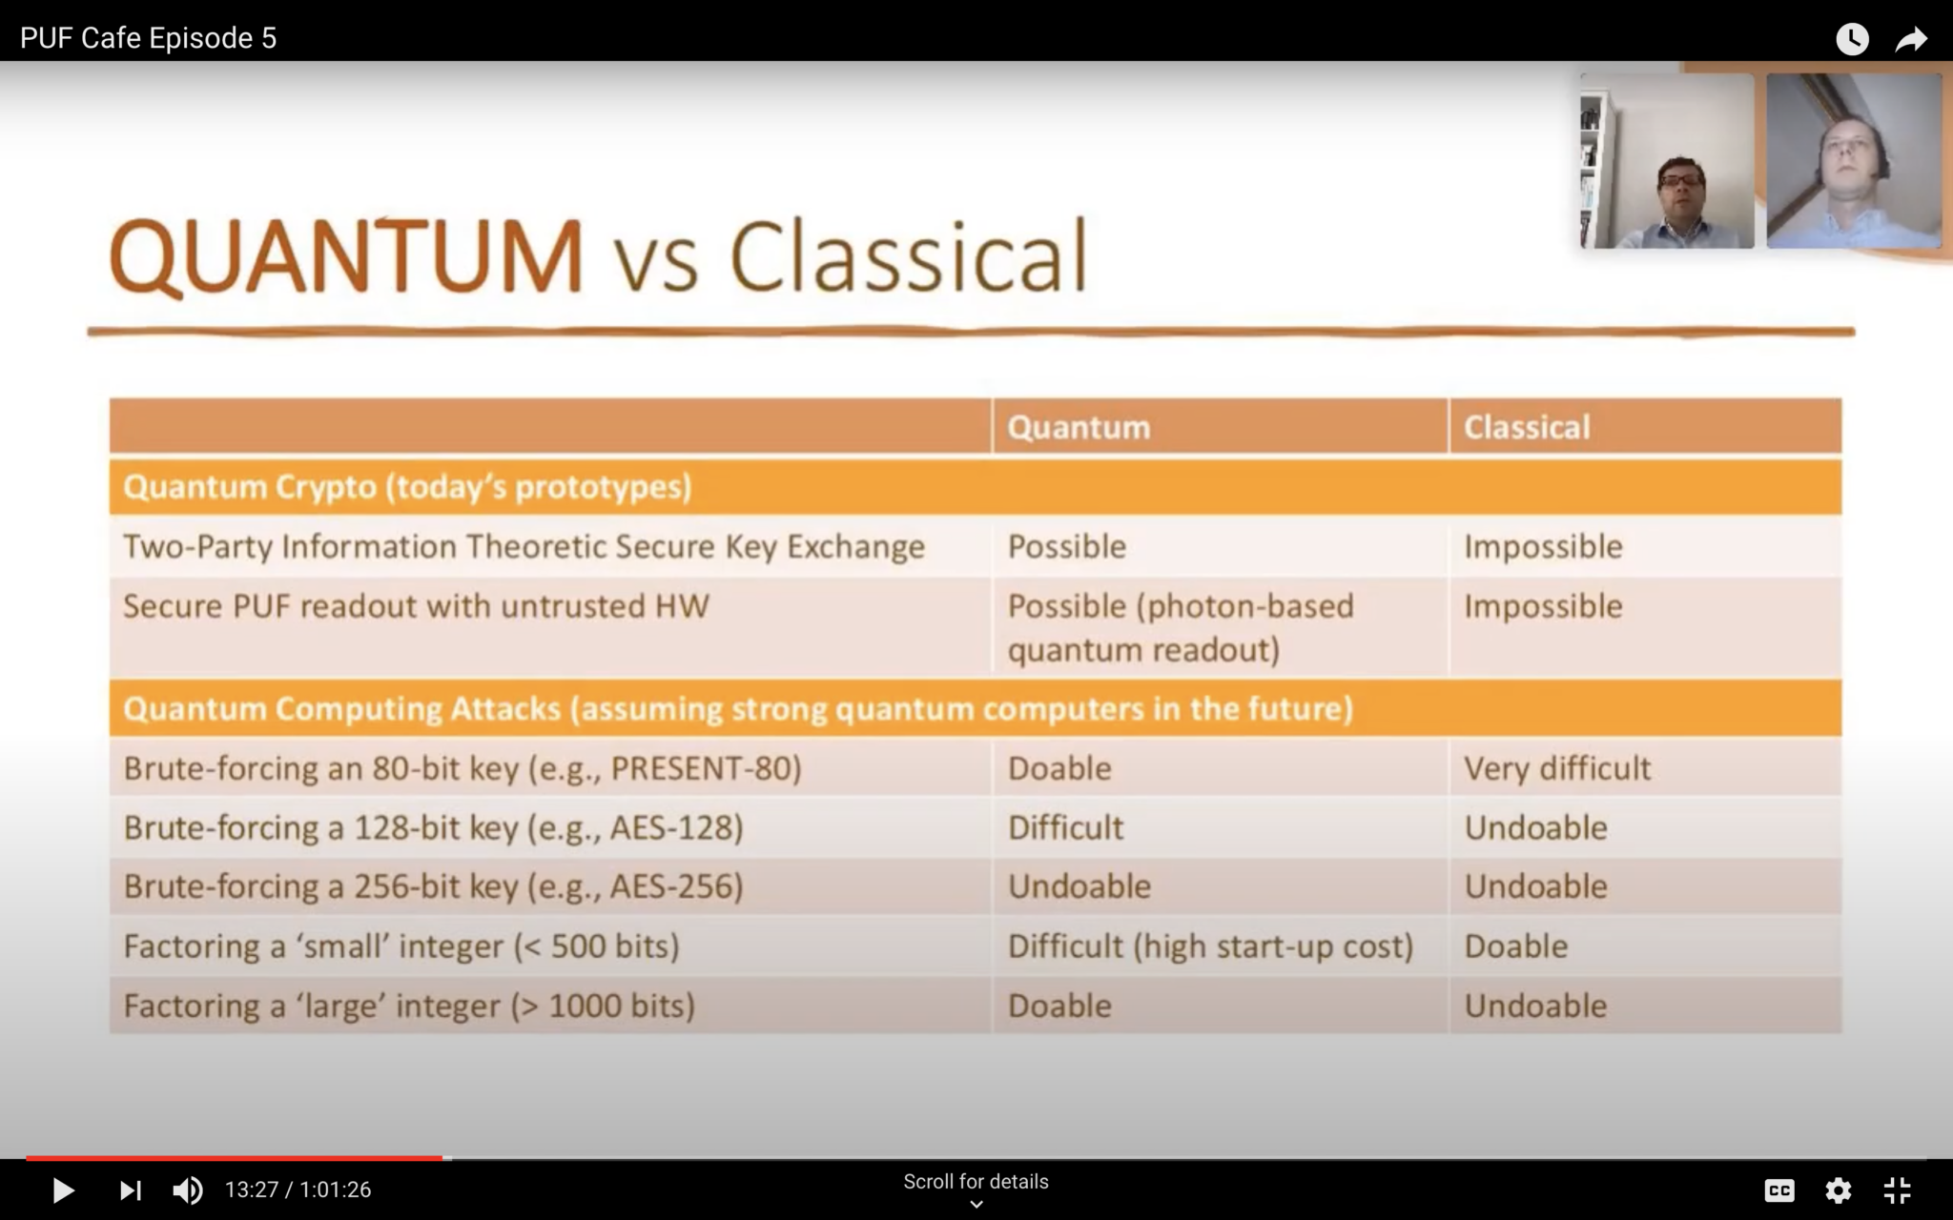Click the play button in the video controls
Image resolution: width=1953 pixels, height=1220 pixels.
pos(63,1190)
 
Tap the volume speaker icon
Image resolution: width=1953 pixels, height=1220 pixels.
pos(187,1190)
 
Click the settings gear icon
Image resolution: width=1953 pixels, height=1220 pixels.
pos(1838,1190)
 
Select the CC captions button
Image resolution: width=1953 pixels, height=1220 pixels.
pos(1779,1190)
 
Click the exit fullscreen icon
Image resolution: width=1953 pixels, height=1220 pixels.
pos(1897,1190)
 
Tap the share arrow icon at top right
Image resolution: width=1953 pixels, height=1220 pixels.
pos(1911,39)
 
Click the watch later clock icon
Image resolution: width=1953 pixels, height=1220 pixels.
pos(1852,39)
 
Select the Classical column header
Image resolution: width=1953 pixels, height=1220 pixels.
pos(1526,427)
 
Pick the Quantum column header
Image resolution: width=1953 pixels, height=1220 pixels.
pos(1079,427)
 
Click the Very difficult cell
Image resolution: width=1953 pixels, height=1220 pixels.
pos(1556,768)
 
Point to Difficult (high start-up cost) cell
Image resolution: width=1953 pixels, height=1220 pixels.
pos(1209,946)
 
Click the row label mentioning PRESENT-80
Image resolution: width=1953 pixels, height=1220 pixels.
pos(463,768)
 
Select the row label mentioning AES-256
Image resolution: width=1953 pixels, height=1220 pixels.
pos(433,886)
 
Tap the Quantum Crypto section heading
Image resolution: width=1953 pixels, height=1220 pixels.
pos(407,487)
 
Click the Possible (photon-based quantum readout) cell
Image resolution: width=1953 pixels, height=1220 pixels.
pos(1180,627)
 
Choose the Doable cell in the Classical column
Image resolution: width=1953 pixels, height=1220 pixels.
pos(1515,946)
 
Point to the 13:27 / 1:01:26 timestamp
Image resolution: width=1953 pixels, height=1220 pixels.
pos(298,1190)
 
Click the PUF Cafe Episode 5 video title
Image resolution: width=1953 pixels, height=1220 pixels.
pos(148,38)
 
